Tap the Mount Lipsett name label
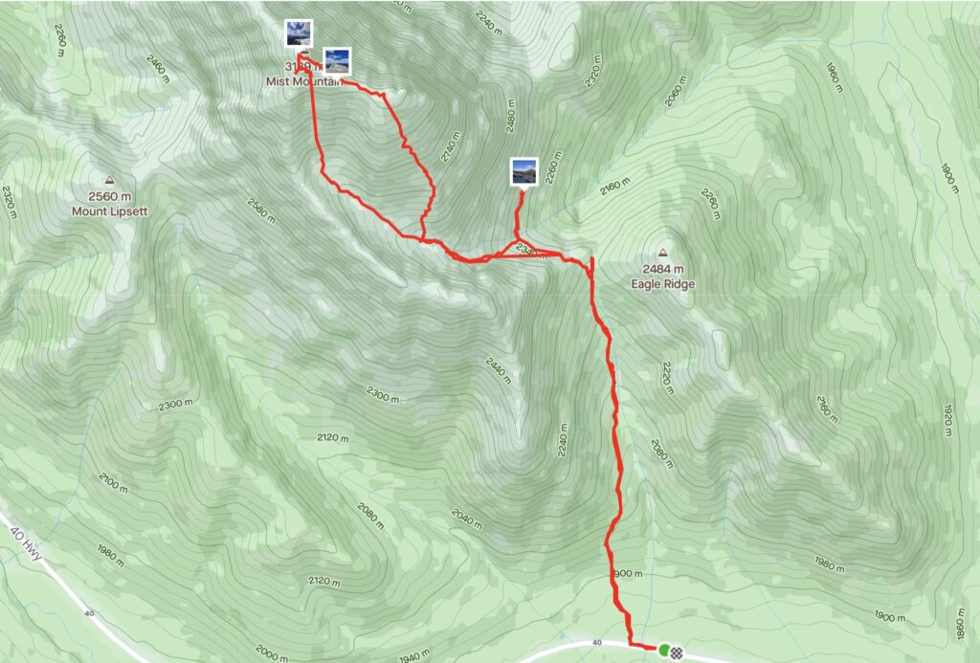(x=109, y=210)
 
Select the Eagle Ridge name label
(x=662, y=284)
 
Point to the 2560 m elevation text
(x=110, y=196)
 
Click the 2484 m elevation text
(x=662, y=270)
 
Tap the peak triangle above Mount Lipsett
(x=109, y=180)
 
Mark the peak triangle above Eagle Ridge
(x=662, y=254)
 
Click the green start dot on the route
(x=663, y=651)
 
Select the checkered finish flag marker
(x=677, y=652)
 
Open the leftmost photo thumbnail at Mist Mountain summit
(x=298, y=33)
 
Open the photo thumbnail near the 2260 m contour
(x=523, y=171)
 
